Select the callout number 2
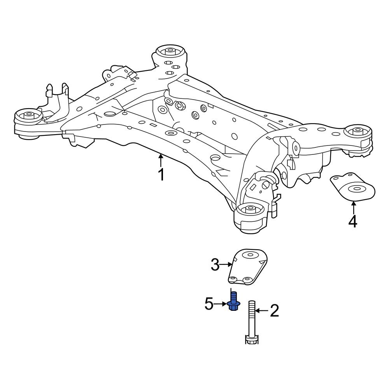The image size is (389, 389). (x=274, y=311)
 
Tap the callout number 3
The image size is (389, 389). (x=216, y=265)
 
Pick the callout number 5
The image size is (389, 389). (x=209, y=304)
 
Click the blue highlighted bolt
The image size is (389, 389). (x=233, y=303)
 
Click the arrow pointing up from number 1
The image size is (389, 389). (x=160, y=160)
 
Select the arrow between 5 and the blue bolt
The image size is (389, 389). (x=221, y=304)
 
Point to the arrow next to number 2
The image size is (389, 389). (x=261, y=311)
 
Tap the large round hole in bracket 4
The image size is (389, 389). (x=356, y=189)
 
